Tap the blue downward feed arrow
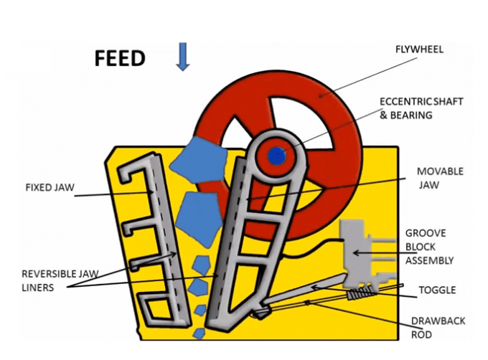click(x=183, y=55)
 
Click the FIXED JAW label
click(x=48, y=188)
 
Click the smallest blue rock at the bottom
click(x=199, y=333)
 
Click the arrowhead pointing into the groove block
click(x=357, y=252)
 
